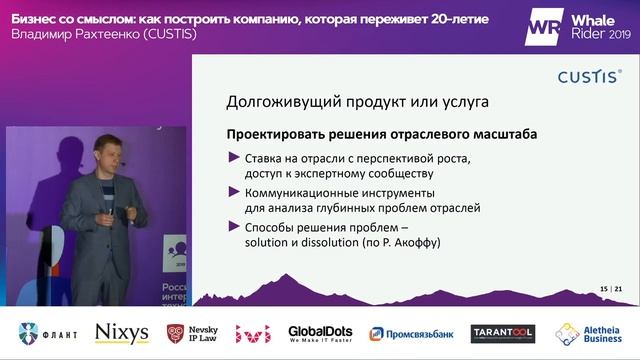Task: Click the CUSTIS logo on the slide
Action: tap(589, 76)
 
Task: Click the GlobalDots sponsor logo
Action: tap(320, 333)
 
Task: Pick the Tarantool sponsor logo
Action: tap(502, 333)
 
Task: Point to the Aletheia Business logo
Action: tap(593, 333)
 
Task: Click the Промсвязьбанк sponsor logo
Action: tap(410, 333)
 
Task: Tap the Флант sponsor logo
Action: tap(47, 333)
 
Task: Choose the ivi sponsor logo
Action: tap(253, 333)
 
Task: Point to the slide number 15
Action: tap(604, 290)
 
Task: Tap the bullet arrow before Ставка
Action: tap(233, 157)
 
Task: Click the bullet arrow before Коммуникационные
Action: tap(233, 192)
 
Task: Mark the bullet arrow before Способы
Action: tap(233, 226)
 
